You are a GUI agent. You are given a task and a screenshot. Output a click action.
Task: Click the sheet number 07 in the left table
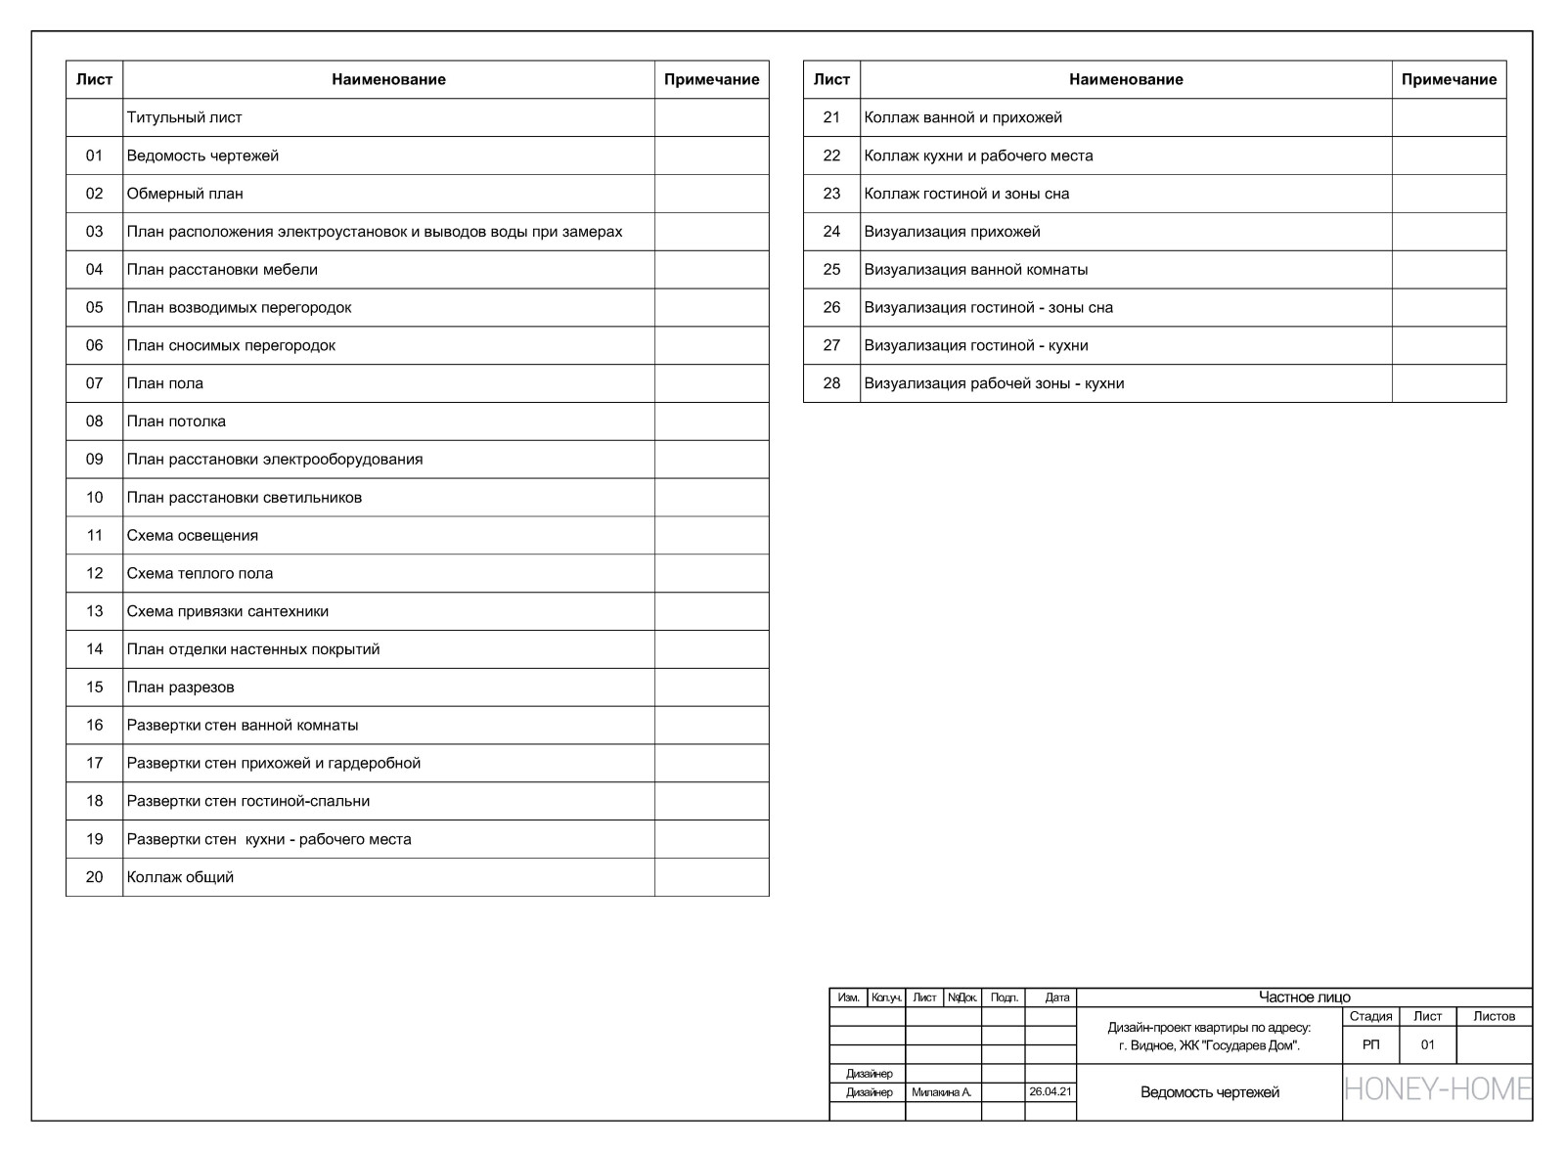click(x=94, y=383)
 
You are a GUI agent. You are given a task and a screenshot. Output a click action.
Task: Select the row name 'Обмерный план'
click(x=185, y=194)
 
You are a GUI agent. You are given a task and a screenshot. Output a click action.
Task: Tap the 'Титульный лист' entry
click(x=184, y=117)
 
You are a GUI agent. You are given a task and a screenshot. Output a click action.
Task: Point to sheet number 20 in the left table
click(x=94, y=877)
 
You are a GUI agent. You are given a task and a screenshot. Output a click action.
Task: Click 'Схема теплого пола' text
click(x=200, y=573)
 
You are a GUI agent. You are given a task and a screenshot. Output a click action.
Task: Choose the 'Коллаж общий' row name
click(x=180, y=877)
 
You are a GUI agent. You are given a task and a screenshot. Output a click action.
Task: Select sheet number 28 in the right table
click(x=831, y=383)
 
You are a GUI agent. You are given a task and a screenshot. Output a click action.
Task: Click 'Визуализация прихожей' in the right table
click(x=952, y=232)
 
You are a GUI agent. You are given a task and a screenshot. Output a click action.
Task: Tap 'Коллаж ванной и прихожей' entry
click(x=962, y=117)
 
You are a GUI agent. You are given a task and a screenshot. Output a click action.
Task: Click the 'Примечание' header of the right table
click(x=1449, y=79)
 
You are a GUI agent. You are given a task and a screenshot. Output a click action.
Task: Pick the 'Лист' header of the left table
click(x=94, y=79)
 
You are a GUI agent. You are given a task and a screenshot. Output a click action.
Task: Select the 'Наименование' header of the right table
click(x=1126, y=79)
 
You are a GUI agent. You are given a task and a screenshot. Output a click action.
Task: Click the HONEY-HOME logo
click(x=1438, y=1088)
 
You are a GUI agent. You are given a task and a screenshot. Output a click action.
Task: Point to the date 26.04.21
click(x=1051, y=1091)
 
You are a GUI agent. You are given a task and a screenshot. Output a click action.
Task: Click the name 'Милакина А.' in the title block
click(x=941, y=1092)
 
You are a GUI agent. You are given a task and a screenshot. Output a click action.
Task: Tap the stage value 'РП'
click(x=1371, y=1045)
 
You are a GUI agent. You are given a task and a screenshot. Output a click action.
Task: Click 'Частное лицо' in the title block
click(x=1304, y=997)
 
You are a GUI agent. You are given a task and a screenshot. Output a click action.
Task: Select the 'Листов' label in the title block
click(x=1494, y=1017)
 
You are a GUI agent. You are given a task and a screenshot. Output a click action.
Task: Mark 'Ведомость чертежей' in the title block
click(x=1210, y=1092)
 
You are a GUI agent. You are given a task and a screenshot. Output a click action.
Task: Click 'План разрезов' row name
click(x=180, y=687)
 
